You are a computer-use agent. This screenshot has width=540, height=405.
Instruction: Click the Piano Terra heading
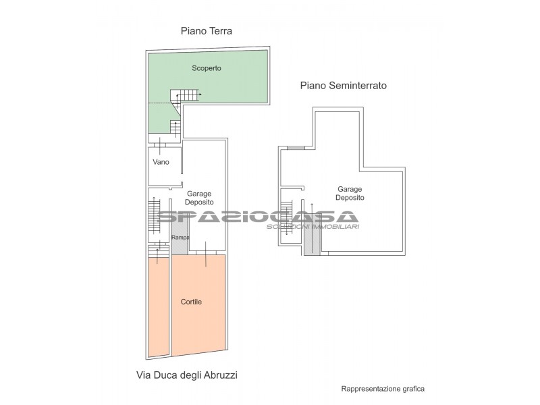207,31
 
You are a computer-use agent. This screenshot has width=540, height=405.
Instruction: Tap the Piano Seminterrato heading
344,86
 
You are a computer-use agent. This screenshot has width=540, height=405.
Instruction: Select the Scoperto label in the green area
207,68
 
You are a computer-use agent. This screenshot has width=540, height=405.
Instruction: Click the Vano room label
161,162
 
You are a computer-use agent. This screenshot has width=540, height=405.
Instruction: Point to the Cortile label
191,302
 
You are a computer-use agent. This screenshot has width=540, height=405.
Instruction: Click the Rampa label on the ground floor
180,238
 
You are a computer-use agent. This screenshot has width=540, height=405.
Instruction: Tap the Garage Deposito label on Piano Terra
199,198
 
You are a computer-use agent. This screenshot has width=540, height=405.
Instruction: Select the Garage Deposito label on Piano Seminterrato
350,193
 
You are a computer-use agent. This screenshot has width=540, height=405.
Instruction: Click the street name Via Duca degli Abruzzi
187,375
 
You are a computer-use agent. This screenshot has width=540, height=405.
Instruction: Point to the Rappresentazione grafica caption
383,389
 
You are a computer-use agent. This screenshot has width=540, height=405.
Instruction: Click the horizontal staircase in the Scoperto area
185,94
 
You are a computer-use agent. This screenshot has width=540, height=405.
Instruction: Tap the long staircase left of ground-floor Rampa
155,216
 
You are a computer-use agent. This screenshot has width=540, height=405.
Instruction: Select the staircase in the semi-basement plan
286,217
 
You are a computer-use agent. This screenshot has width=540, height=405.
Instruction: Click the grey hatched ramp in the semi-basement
312,234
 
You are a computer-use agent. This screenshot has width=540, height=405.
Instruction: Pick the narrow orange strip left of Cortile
159,307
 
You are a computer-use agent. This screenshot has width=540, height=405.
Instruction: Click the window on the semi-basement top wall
296,148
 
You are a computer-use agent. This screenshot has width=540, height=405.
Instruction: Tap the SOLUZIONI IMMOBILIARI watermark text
313,227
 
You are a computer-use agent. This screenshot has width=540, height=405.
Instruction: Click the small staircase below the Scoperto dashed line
175,128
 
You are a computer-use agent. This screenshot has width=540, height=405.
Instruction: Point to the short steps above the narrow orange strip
159,250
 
